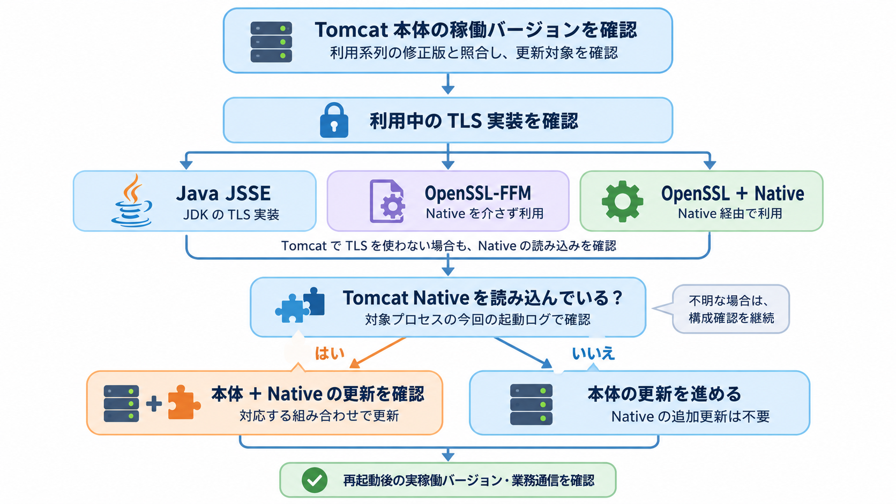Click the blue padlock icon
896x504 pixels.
coord(334,121)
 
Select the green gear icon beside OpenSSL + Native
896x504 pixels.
coord(622,201)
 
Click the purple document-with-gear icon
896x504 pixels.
coord(387,201)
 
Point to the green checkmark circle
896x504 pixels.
coord(315,480)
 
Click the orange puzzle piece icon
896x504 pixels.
coord(184,402)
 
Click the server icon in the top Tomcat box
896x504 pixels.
coord(271,42)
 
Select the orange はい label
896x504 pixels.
coord(330,353)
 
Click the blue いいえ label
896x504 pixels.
coord(593,353)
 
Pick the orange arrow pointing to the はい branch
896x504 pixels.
coord(378,352)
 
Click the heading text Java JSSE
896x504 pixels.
coord(223,193)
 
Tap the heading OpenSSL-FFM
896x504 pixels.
coord(478,193)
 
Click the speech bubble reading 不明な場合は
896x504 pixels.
coord(731,309)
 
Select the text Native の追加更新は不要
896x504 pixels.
coord(690,417)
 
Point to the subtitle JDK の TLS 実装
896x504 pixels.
coord(231,215)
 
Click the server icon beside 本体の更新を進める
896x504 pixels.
coord(531,404)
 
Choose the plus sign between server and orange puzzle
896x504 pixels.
coord(154,404)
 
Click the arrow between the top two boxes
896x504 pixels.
coord(448,84)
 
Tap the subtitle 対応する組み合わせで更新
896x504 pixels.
coord(319,416)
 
